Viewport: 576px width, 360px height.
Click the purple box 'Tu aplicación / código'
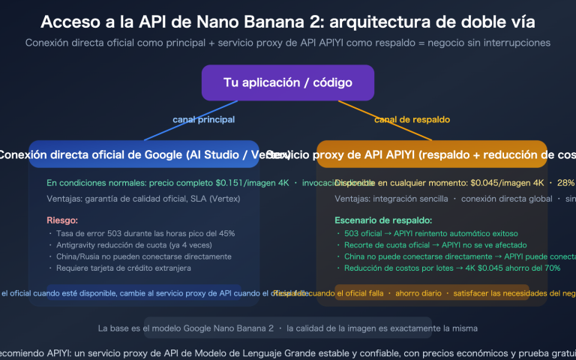(x=288, y=82)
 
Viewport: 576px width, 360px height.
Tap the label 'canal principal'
(x=203, y=119)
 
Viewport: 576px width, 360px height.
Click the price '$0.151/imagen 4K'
(x=250, y=182)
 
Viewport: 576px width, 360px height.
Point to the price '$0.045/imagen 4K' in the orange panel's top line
(x=507, y=182)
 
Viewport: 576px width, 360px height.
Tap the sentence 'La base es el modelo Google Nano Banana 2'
(x=186, y=328)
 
